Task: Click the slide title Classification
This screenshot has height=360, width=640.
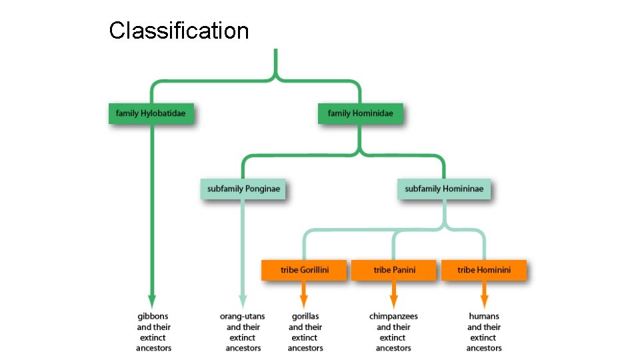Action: coord(179,31)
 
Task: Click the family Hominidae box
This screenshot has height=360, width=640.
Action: coord(360,113)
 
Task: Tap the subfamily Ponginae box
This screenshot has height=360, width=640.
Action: coord(243,189)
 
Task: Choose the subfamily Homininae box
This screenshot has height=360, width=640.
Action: coord(444,189)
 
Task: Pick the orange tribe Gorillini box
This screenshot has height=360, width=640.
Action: coord(304,270)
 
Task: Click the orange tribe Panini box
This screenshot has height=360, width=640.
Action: coord(394,270)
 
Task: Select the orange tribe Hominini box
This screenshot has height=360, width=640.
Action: coord(484,270)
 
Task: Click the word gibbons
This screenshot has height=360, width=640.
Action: coord(153,316)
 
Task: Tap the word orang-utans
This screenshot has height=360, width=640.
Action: coord(243,316)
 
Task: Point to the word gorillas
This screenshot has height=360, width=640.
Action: coord(305,316)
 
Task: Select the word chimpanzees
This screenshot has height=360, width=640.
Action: coord(393,316)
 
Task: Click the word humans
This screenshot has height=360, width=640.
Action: coord(484,316)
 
